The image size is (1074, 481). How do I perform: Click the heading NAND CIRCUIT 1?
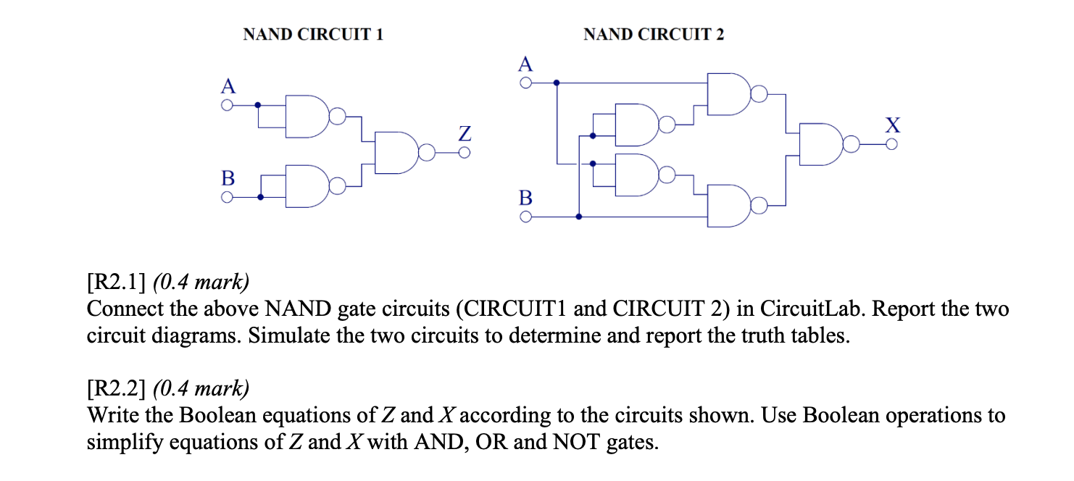[312, 34]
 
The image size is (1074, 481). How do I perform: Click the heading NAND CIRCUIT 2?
[653, 34]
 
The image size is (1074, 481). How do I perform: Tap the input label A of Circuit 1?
[228, 87]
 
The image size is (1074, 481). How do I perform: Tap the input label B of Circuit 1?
[228, 177]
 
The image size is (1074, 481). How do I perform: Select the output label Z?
[465, 134]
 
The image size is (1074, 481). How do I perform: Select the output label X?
[893, 125]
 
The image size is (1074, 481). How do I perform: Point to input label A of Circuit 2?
[526, 64]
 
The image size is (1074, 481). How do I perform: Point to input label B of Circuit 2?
[526, 197]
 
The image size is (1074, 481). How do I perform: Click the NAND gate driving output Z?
[396, 153]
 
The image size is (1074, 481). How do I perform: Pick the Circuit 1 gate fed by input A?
[307, 116]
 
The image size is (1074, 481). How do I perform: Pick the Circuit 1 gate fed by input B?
[307, 187]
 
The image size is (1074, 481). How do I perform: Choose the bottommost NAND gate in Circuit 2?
[728, 206]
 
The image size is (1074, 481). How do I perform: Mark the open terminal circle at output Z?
[465, 153]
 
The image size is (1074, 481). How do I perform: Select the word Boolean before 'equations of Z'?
[217, 416]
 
